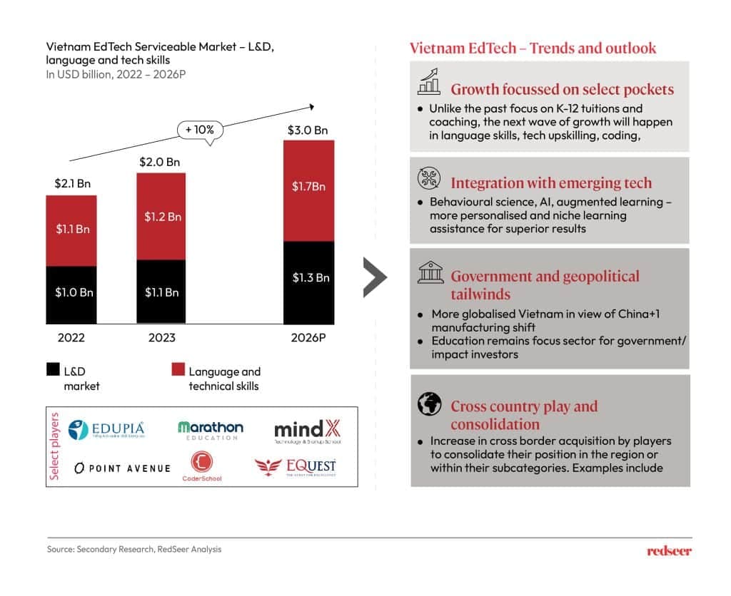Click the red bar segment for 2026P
pos(308,190)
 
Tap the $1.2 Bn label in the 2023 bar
pos(161,217)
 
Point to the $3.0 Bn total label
pos(308,130)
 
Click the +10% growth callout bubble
pos(200,130)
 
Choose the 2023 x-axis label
pos(160,337)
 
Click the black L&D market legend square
pos(53,370)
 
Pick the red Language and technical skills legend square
pos(178,370)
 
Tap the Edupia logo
pos(106,430)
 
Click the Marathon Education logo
pos(211,430)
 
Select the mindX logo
pos(308,431)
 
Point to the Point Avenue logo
pos(122,468)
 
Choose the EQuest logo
pos(296,468)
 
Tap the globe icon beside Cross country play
pos(429,405)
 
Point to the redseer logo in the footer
pos(669,550)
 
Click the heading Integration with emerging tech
pos(551,183)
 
